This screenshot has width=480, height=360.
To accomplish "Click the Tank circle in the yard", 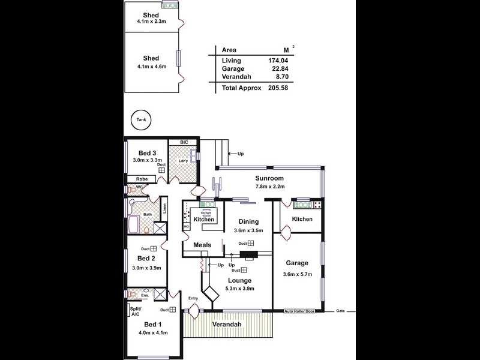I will (141, 120).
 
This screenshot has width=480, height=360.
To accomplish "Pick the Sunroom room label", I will (269, 178).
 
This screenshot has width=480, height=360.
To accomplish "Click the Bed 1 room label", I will (152, 324).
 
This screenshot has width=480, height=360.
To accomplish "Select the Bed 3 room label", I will (147, 153).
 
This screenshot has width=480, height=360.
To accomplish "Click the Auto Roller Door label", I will (299, 312).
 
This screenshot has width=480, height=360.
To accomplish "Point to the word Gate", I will (341, 311).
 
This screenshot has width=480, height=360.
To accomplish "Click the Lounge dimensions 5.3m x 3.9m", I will (239, 289).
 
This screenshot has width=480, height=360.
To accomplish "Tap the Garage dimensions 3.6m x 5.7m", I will (297, 275).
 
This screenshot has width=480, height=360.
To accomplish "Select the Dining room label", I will (248, 221).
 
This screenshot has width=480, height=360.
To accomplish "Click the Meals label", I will (202, 245).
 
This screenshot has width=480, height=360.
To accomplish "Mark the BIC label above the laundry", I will (184, 142).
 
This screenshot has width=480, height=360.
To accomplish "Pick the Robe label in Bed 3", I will (142, 179).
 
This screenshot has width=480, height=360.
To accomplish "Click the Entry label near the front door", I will (193, 298).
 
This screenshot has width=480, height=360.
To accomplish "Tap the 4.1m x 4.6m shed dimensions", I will (151, 67).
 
